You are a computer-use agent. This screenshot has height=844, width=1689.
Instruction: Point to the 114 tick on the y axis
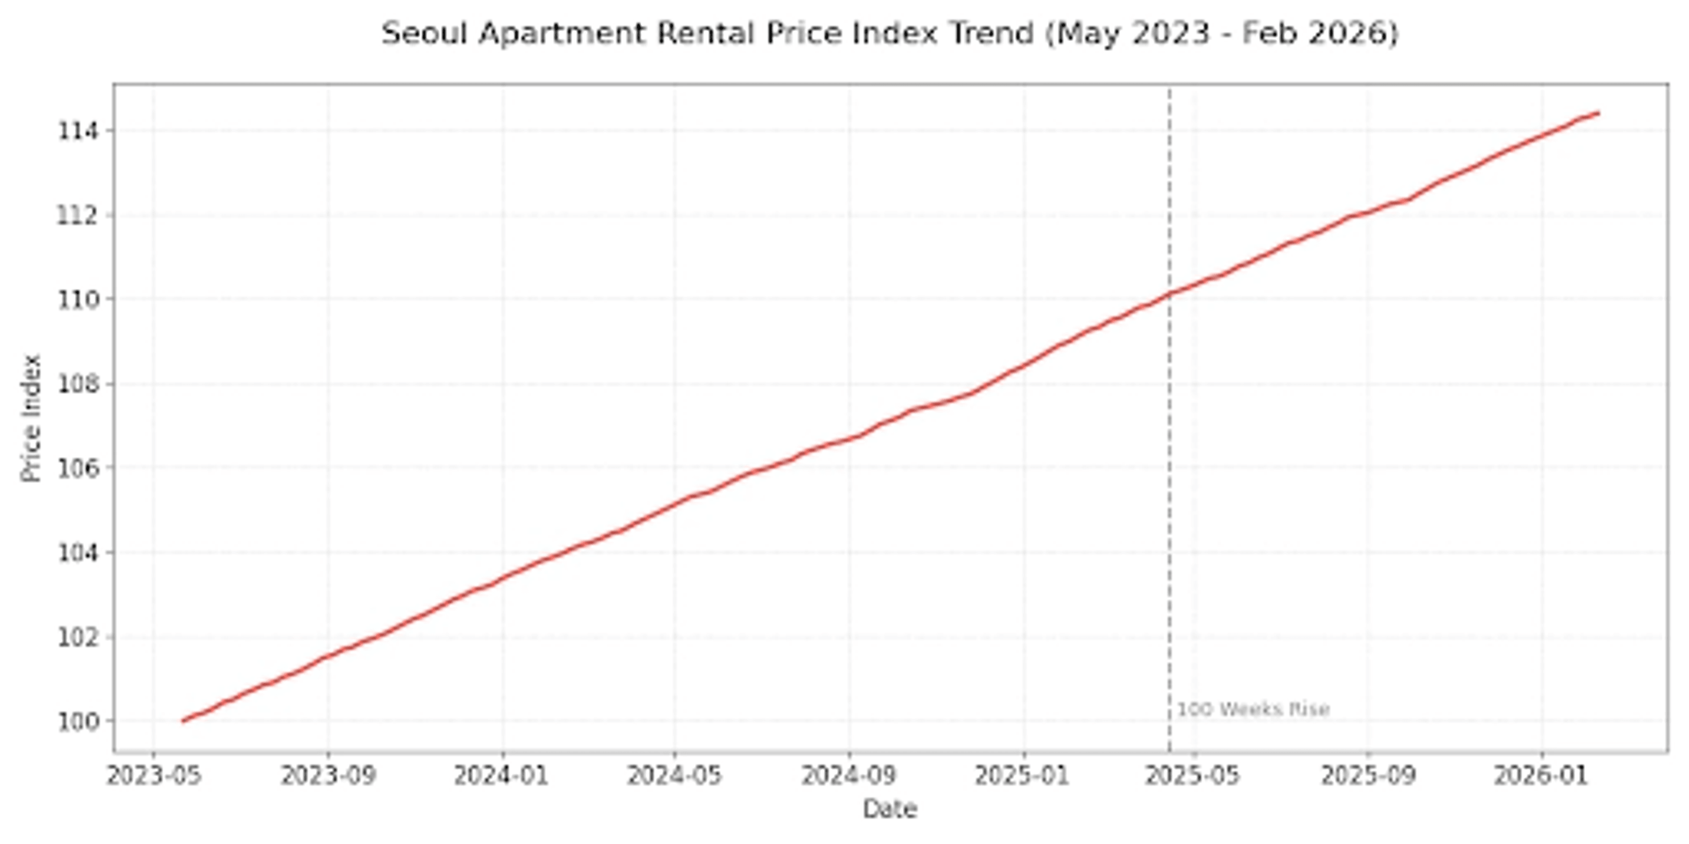click(x=78, y=131)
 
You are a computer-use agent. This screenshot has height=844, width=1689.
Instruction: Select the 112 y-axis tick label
click(x=78, y=215)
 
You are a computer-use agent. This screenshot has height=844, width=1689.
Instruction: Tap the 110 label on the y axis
click(x=78, y=299)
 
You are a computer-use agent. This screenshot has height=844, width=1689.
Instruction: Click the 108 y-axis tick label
click(x=78, y=384)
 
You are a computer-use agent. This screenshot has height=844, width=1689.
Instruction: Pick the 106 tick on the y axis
click(x=78, y=468)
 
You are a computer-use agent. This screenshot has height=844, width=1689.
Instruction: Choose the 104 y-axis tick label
click(x=78, y=553)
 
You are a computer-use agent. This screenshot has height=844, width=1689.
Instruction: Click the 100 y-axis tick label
click(x=78, y=721)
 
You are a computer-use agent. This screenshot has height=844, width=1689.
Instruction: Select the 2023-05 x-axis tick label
click(x=154, y=776)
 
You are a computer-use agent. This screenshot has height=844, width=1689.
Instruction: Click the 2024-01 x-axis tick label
click(x=502, y=776)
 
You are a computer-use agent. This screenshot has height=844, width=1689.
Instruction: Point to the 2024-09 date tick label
click(x=849, y=776)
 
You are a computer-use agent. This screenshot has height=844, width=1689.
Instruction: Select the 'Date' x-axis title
click(x=890, y=809)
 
